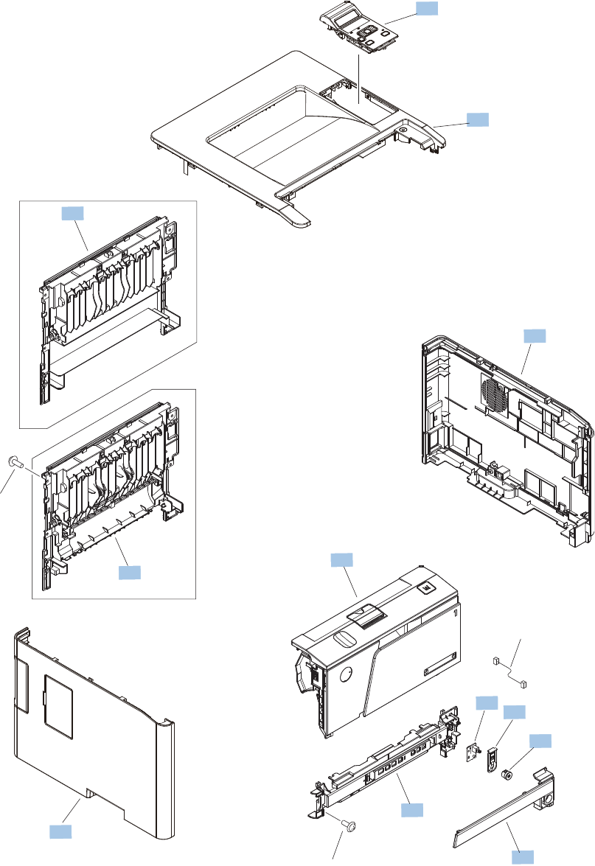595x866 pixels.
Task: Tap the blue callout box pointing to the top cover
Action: tap(477, 120)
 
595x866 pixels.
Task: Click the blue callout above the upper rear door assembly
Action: tap(72, 214)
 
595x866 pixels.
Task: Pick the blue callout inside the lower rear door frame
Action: tap(128, 572)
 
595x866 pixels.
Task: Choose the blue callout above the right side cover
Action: tap(535, 336)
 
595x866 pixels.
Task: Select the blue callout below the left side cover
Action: tap(60, 831)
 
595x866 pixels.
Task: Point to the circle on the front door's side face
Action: tap(347, 672)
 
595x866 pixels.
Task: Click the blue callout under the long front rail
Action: tap(411, 810)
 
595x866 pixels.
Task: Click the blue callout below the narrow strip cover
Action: tap(523, 856)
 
